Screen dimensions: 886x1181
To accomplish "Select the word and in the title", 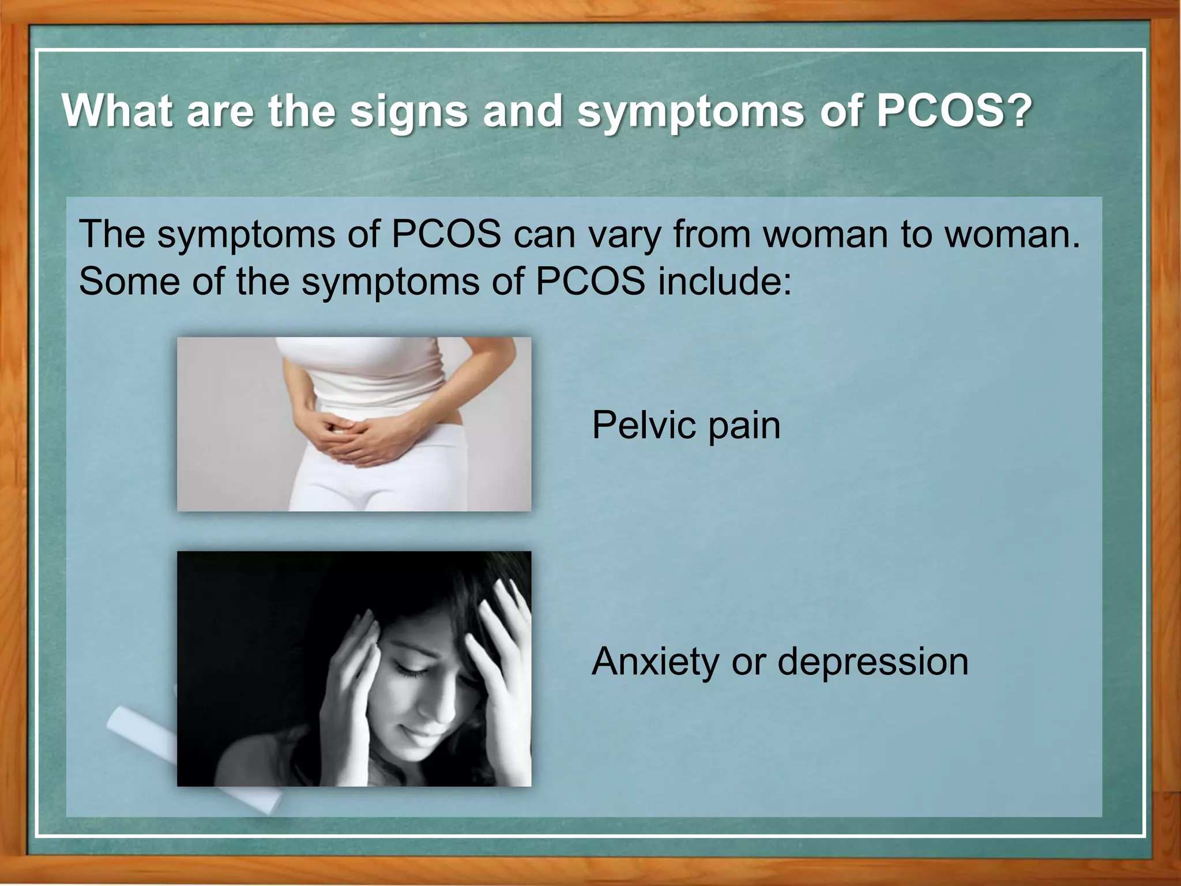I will tap(522, 111).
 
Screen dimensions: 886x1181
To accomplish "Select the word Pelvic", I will tap(640, 426).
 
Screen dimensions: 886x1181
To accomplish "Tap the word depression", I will tap(873, 662).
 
